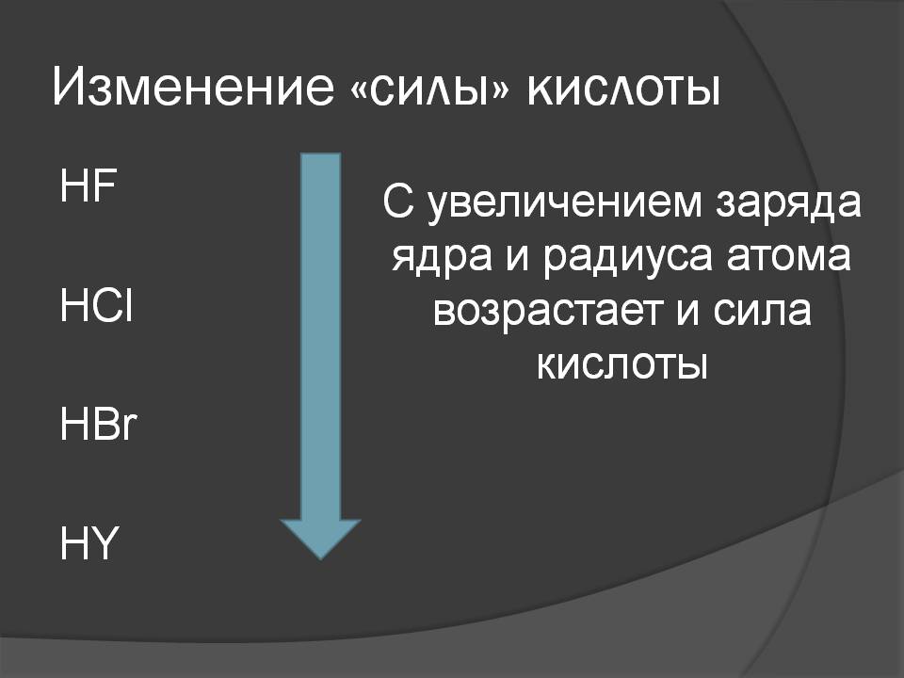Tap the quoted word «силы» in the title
click(x=430, y=89)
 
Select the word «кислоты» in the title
click(x=623, y=89)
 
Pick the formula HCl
click(x=96, y=304)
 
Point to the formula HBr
click(x=98, y=424)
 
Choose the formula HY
click(x=89, y=542)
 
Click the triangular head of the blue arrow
click(x=320, y=539)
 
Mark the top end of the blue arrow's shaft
click(x=320, y=153)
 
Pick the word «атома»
click(x=788, y=256)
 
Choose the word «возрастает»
click(x=548, y=312)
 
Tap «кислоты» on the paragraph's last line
click(x=622, y=364)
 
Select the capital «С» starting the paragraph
click(x=397, y=202)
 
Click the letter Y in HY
click(x=104, y=542)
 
